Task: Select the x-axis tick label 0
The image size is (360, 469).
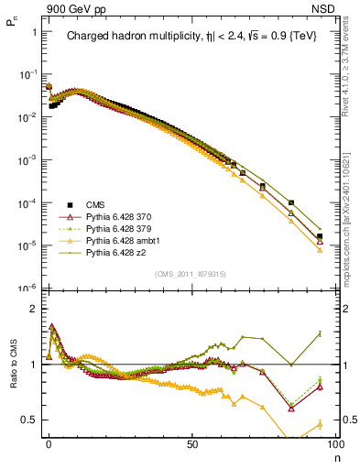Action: coord(49,442)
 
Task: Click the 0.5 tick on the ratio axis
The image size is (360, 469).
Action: coord(31,420)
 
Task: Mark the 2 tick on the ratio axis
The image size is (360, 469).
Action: coord(34,309)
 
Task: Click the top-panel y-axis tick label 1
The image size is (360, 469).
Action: coord(34,32)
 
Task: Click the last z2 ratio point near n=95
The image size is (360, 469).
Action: coord(320,333)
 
